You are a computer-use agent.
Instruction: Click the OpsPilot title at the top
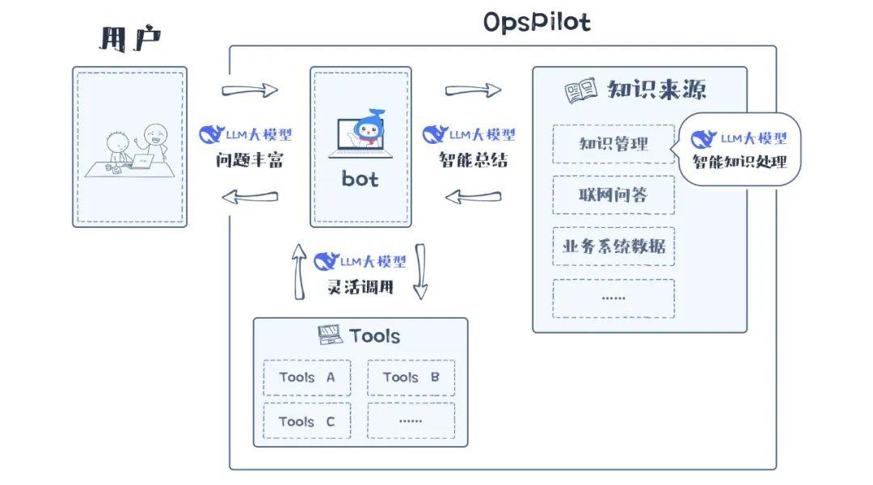point(537,22)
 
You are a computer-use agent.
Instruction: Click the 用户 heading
point(129,39)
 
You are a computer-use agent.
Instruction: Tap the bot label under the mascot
point(360,179)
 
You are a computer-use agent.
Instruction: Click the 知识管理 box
point(614,145)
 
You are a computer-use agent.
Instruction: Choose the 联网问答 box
point(614,195)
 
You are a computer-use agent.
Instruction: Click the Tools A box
point(307,377)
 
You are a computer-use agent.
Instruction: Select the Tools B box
point(411,377)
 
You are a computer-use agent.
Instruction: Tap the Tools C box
point(307,421)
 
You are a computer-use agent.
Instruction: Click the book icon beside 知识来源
point(580,91)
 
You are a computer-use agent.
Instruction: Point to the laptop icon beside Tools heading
point(331,335)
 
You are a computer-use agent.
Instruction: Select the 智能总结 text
point(473,160)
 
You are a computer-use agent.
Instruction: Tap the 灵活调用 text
point(360,286)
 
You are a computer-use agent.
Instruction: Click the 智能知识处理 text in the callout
point(739,162)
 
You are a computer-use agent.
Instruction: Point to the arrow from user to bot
point(249,90)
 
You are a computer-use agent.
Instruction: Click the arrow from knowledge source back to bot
point(473,196)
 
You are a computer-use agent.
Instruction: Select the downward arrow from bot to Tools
point(420,271)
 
